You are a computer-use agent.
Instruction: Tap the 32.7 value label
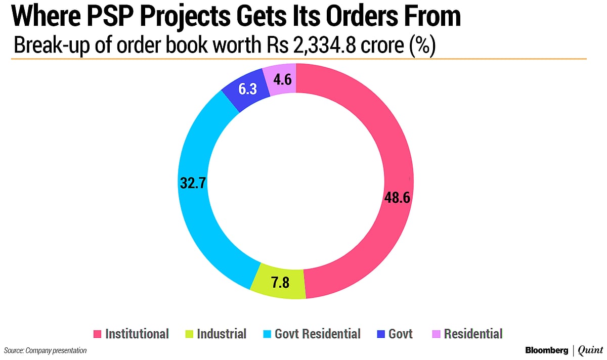(193, 182)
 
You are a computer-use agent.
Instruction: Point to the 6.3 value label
(248, 89)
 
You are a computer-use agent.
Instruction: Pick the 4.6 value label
(282, 79)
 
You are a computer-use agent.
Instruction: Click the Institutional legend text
(137, 334)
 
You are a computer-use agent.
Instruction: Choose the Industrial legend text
(221, 334)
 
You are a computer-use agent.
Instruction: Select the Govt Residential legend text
(317, 334)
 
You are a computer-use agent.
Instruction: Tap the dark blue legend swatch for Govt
(380, 334)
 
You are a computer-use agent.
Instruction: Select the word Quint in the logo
(591, 350)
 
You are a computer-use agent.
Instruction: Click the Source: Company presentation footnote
(46, 350)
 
